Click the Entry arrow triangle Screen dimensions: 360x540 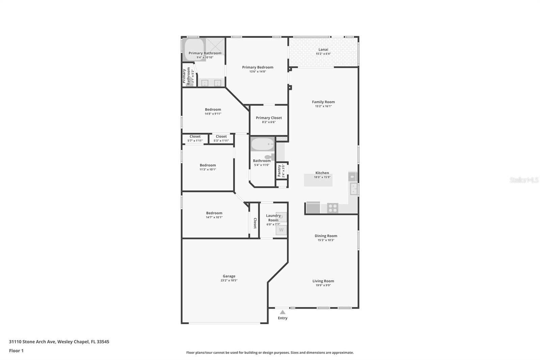tap(282, 312)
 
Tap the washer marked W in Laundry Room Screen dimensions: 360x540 tap(281, 230)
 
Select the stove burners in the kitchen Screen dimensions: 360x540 tap(332, 208)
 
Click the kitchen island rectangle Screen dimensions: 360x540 tap(318, 180)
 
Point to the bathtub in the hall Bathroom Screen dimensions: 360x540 tap(263, 145)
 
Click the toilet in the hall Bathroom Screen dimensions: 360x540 tap(270, 157)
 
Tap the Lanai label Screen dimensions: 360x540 tap(323, 49)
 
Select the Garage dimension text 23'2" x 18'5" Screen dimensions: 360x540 tap(229, 280)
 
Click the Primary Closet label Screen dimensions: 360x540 tap(269, 118)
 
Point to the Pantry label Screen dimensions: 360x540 tap(279, 171)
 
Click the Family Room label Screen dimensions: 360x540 tap(323, 102)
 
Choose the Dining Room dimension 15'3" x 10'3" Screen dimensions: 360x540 tap(326, 240)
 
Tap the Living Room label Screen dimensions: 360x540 tap(323, 281)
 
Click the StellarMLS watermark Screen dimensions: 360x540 tap(524, 180)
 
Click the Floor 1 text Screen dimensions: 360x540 tap(16, 351)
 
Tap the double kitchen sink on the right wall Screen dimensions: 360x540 tap(353, 189)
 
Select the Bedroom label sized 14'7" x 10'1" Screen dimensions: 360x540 tap(214, 213)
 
